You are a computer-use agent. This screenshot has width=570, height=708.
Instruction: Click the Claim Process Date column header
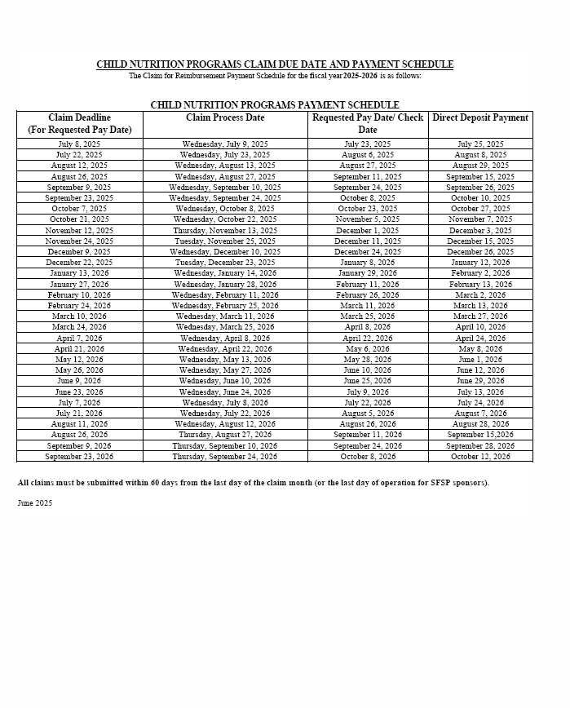point(225,118)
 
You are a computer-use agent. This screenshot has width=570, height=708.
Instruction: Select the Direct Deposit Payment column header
point(480,118)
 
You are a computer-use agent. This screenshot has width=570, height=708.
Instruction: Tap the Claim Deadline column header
point(79,124)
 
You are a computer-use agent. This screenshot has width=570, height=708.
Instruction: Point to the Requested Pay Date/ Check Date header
point(367,124)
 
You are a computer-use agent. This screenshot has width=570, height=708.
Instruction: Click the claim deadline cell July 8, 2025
point(79,144)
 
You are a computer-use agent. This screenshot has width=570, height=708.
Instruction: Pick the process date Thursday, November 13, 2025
point(225,231)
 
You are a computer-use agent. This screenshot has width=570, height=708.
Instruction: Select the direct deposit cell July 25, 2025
point(480,144)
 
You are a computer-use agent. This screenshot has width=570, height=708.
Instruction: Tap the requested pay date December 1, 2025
point(367,231)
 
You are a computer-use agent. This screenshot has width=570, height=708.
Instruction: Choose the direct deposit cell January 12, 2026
point(480,263)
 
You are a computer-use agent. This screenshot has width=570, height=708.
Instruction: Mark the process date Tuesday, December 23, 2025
point(225,263)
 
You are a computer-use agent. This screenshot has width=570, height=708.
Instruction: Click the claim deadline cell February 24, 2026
point(79,306)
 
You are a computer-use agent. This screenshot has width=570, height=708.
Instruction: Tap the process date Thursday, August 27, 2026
point(225,435)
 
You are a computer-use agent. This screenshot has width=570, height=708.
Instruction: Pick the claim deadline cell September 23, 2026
point(79,457)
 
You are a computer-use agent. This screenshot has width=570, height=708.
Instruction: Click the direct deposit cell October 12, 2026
point(480,457)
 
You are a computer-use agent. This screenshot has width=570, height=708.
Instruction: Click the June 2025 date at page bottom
point(35,503)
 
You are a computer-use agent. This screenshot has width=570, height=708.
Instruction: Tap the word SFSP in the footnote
point(430,483)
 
